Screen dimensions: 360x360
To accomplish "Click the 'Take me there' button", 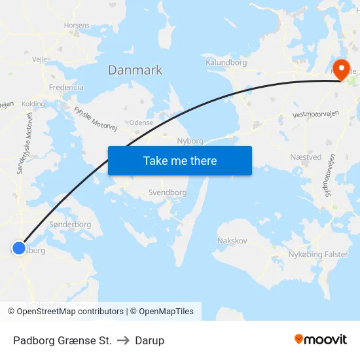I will (x=180, y=160).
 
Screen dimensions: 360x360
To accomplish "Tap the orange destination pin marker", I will (x=341, y=71).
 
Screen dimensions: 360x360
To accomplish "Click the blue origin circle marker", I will (x=19, y=249).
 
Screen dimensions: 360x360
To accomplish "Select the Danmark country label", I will (x=135, y=70).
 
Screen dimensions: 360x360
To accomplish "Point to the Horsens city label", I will (x=77, y=26).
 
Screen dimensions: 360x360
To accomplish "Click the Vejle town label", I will (x=40, y=58).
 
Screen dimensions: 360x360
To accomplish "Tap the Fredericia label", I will (x=66, y=87).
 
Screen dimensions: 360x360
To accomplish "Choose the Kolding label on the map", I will (x=33, y=103).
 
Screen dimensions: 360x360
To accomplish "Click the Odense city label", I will (x=141, y=122).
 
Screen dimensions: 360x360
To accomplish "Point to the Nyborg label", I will (x=190, y=141).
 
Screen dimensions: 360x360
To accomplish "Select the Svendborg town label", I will (x=168, y=193).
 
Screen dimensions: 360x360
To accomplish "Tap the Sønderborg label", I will (x=70, y=224).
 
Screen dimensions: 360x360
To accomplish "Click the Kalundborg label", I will (x=226, y=62).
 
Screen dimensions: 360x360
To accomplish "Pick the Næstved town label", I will (x=306, y=157).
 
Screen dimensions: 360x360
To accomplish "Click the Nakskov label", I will (x=232, y=241).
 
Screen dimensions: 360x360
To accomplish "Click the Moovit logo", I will (x=321, y=339).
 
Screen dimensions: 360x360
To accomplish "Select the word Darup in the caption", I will (x=150, y=340).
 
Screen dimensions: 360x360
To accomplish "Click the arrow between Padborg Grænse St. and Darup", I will (x=123, y=340).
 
